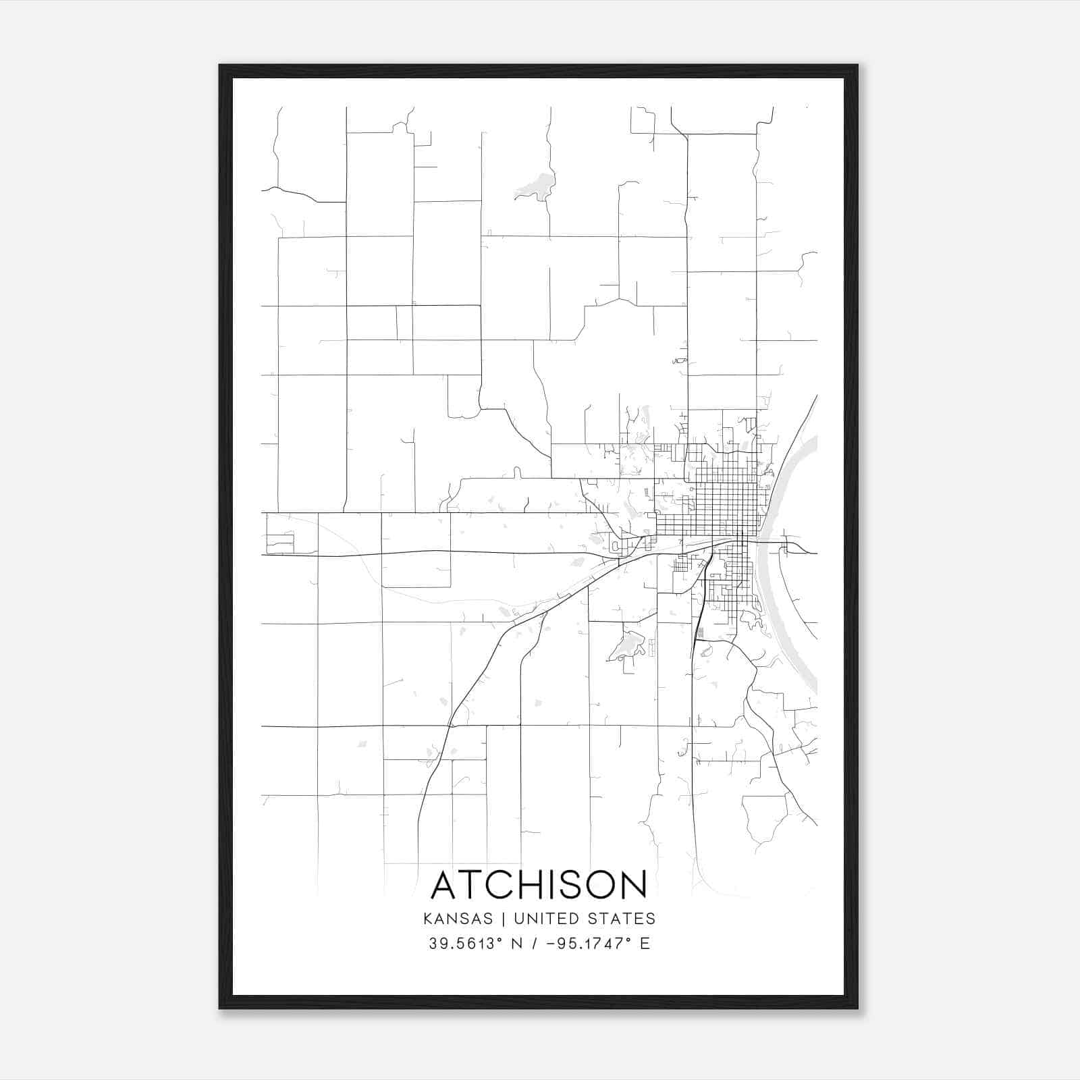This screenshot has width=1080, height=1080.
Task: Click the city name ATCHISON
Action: pos(539,885)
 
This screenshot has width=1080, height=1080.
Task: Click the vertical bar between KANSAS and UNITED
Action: pos(507,919)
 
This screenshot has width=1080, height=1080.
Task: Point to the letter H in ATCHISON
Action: pos(526,885)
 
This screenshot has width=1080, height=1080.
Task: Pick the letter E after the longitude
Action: pos(645,944)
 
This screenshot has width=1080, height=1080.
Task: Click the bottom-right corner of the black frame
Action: pos(857,1008)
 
